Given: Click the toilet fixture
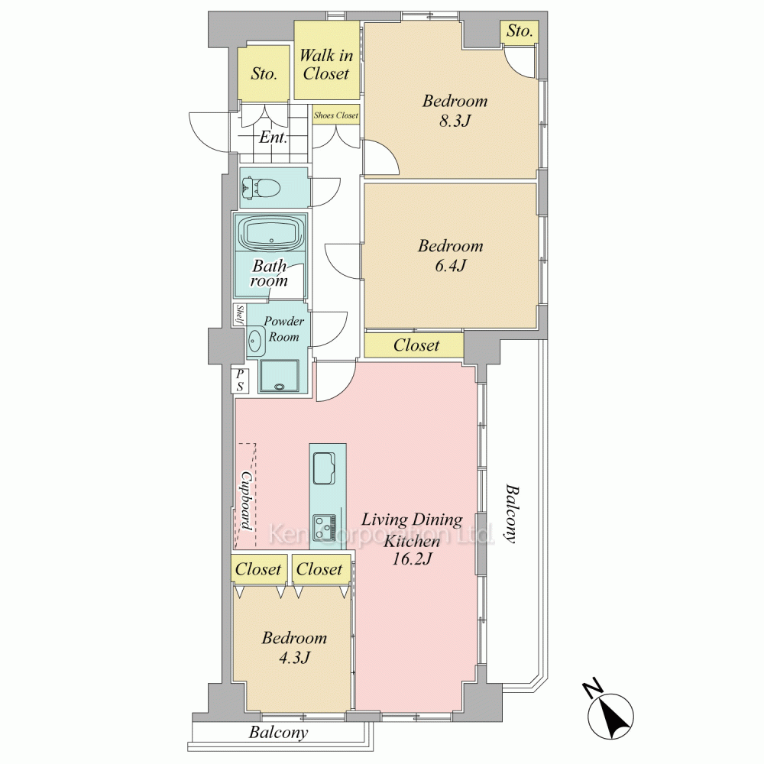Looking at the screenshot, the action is click(x=261, y=188).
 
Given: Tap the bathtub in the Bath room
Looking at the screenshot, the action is click(x=271, y=233).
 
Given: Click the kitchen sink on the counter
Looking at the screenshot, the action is click(x=323, y=468).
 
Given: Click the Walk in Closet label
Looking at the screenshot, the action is click(x=326, y=64).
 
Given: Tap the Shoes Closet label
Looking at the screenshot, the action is click(x=336, y=115).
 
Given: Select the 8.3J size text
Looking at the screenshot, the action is click(x=455, y=120).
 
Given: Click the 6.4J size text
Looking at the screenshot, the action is click(x=451, y=265).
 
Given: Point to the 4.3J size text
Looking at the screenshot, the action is click(x=294, y=658).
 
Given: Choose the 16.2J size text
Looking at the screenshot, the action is click(x=413, y=558).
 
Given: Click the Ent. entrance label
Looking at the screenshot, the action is click(x=274, y=137).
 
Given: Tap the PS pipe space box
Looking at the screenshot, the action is click(x=240, y=380).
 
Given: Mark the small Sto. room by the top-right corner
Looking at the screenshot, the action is click(x=520, y=33).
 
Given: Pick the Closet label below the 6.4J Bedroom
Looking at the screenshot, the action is click(x=416, y=345).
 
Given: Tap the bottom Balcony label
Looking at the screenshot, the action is click(x=279, y=733).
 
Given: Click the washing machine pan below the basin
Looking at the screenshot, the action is click(x=279, y=376).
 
